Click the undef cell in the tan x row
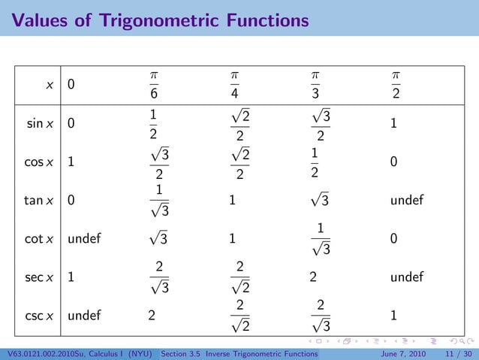coord(406,201)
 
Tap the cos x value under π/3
coord(316,162)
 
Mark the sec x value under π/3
coord(312,277)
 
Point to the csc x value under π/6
coord(152,315)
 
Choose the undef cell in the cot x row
coord(84,239)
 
